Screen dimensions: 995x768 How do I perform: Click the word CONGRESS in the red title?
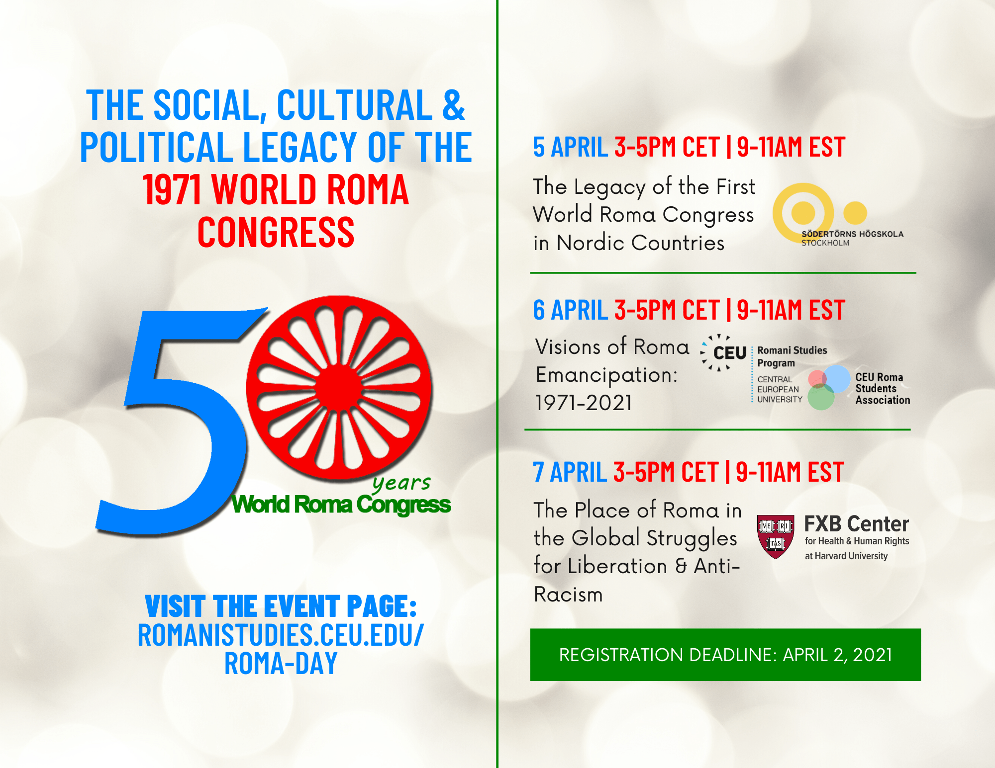[x=276, y=232]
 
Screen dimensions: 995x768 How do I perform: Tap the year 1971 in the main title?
[x=172, y=189]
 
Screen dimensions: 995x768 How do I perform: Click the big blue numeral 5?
[x=177, y=423]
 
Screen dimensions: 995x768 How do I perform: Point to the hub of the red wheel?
[x=339, y=388]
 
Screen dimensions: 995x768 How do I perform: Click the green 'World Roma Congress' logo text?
[x=341, y=505]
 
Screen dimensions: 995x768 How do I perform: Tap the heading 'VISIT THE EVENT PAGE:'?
[x=281, y=606]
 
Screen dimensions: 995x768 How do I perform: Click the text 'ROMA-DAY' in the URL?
[x=281, y=663]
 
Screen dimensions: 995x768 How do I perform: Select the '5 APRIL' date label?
[x=570, y=147]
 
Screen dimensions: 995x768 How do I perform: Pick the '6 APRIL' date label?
[x=570, y=310]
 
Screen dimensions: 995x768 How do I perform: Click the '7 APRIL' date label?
[x=570, y=472]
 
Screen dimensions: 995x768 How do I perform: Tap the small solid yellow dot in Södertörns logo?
[x=855, y=213]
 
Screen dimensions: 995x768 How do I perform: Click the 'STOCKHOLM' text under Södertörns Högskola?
[x=825, y=243]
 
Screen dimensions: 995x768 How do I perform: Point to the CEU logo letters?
[x=730, y=353]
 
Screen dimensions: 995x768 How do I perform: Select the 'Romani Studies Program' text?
[x=792, y=356]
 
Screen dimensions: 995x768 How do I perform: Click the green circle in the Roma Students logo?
[x=821, y=397]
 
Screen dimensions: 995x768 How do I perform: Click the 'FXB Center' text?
[x=856, y=524]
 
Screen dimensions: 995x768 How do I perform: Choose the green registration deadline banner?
[x=725, y=655]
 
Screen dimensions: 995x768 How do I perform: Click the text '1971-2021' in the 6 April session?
[x=584, y=403]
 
